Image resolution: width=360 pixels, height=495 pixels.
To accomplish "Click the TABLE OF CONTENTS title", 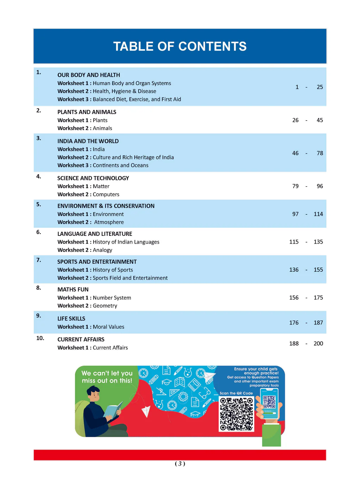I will [x=180, y=46].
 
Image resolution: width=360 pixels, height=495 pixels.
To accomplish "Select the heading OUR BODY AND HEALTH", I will [x=89, y=75].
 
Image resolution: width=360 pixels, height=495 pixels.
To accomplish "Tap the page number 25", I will [x=320, y=87].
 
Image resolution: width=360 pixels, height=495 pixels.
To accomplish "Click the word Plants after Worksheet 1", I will [x=100, y=120].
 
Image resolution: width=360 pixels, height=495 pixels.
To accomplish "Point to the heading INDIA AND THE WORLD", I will [x=88, y=141].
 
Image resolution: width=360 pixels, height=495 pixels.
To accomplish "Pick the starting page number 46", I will [x=295, y=153].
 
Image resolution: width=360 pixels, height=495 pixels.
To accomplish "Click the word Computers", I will [x=106, y=194].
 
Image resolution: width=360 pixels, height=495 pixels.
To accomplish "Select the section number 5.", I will [x=39, y=204].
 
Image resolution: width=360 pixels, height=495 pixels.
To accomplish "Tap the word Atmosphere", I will [x=109, y=222].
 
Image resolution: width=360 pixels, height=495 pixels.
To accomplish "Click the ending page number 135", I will [x=318, y=242].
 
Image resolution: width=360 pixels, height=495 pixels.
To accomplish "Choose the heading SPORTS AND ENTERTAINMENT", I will [x=97, y=262].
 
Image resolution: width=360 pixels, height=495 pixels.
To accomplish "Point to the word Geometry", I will [x=105, y=306].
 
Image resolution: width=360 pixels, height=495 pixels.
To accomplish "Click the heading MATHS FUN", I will [x=73, y=289].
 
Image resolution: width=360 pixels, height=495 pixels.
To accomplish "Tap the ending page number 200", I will [x=318, y=343].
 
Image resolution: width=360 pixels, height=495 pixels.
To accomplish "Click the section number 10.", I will [x=40, y=338].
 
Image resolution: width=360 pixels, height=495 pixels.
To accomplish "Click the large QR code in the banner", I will [x=236, y=414].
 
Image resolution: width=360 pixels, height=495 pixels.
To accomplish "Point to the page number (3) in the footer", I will [x=180, y=464].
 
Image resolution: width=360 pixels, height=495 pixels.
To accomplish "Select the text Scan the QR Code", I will [x=236, y=393].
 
